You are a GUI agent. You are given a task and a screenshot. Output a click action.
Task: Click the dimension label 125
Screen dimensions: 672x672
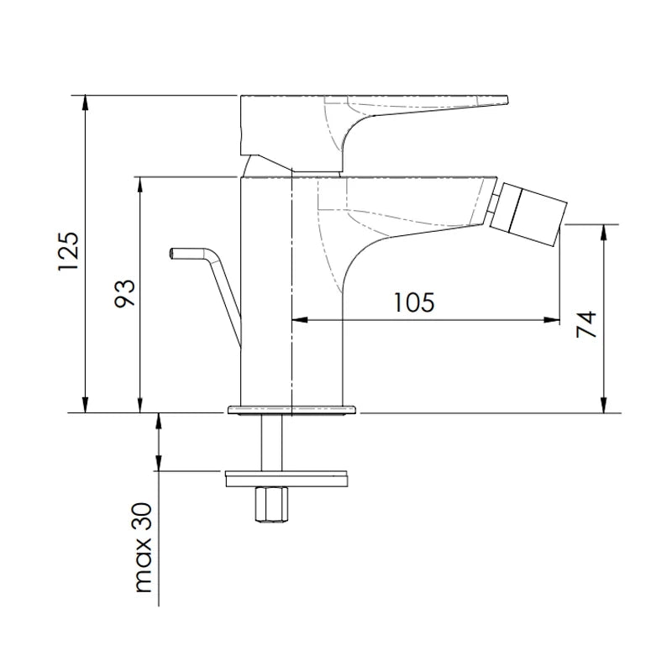click(69, 251)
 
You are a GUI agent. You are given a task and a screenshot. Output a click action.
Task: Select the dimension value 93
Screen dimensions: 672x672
click(124, 293)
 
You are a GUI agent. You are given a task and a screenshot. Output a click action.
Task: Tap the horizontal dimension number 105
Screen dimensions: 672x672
click(413, 302)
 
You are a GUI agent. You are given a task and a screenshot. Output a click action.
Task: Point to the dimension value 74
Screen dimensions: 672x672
click(586, 324)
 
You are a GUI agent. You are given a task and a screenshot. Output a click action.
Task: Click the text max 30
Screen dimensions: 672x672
click(144, 548)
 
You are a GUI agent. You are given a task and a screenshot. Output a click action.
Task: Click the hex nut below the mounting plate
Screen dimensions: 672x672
click(271, 505)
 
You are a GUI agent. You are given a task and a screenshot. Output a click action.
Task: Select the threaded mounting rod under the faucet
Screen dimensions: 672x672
click(271, 443)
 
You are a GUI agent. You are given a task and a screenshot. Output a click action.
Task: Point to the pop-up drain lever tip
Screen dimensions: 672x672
click(171, 254)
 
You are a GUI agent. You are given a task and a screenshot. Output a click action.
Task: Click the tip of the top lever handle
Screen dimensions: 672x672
click(507, 100)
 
